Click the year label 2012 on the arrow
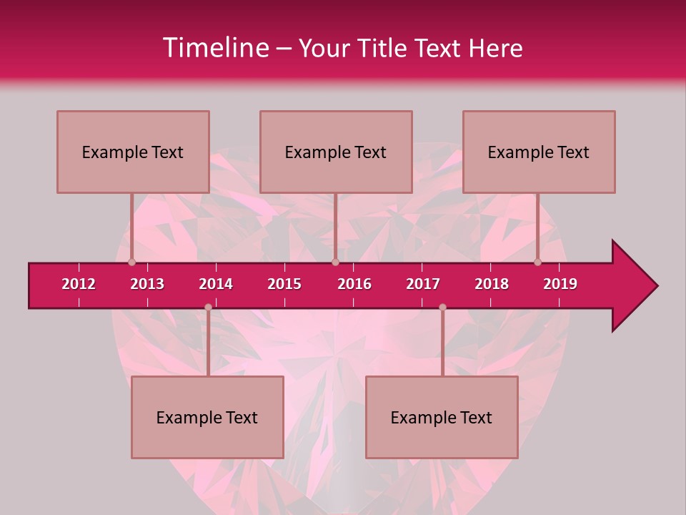(x=79, y=284)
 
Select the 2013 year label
(x=147, y=284)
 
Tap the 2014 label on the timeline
(x=216, y=284)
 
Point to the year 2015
(x=284, y=284)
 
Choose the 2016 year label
(x=354, y=284)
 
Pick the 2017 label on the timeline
(x=423, y=284)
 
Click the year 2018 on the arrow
(x=492, y=284)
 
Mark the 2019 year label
(x=560, y=284)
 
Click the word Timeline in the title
(x=214, y=48)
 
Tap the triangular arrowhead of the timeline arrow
(x=633, y=286)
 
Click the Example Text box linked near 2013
(x=133, y=152)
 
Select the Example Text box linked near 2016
(x=336, y=152)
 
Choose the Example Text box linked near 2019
(x=539, y=152)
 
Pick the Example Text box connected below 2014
(x=207, y=417)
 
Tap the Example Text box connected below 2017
(x=442, y=417)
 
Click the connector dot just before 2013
(x=131, y=262)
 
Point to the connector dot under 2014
(x=208, y=308)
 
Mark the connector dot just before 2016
(x=335, y=262)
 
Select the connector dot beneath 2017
(x=442, y=308)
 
